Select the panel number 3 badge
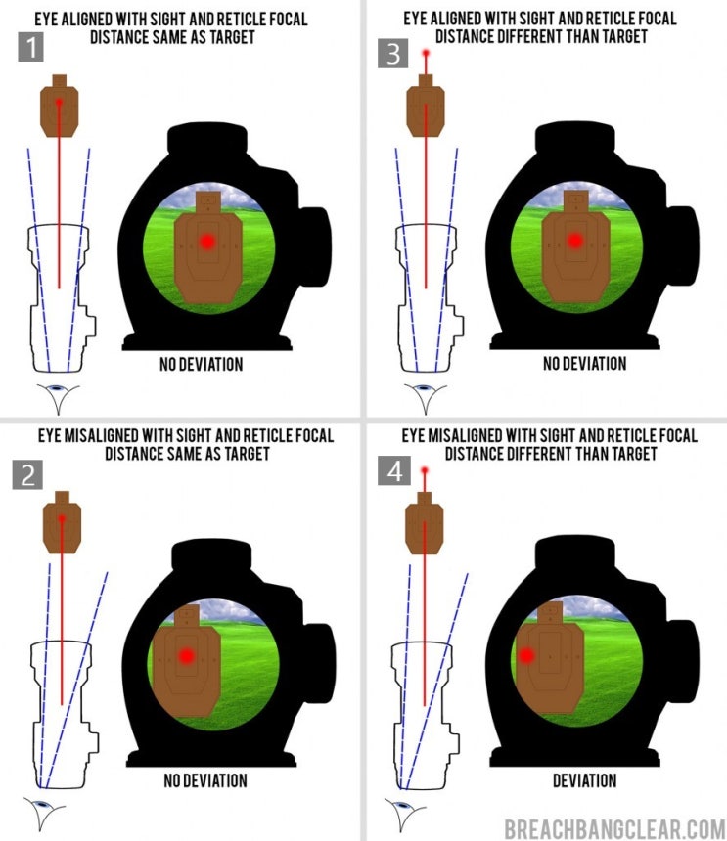pos(394,53)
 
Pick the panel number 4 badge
pos(394,472)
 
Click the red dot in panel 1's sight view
pos(206,241)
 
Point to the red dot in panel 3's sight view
pos(574,240)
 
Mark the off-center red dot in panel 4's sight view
pos(526,655)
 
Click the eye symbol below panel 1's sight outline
pos(59,396)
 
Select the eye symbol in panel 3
pos(425,396)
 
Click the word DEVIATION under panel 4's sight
pos(584,780)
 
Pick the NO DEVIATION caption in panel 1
pos(201,365)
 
